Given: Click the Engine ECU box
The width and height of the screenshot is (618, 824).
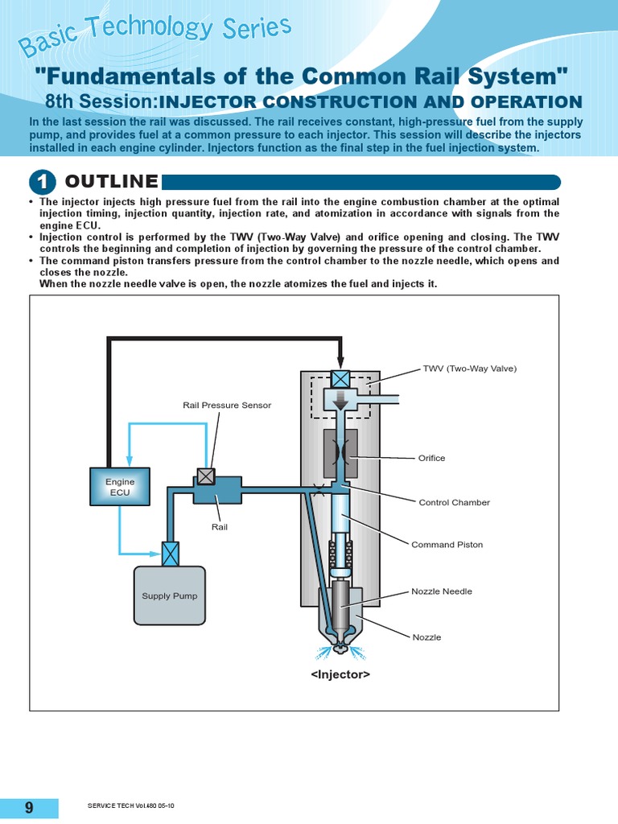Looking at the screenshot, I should [119, 487].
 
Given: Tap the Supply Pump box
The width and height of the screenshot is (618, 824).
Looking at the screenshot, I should [169, 595].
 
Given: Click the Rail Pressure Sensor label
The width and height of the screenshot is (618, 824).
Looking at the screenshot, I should [227, 405].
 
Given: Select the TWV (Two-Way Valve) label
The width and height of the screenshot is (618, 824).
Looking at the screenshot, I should [469, 369].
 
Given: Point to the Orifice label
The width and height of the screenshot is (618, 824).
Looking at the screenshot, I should [431, 458].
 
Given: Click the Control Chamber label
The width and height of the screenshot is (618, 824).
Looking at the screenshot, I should [454, 502].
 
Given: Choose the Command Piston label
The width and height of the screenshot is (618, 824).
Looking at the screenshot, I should [447, 545].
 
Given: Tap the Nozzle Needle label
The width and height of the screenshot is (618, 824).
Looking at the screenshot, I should [441, 591].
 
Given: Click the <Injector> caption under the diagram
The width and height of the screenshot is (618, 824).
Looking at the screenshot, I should [340, 674].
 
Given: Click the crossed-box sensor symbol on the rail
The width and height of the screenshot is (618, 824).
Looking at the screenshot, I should [206, 476].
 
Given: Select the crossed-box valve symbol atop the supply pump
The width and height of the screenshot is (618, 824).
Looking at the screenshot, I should [169, 554].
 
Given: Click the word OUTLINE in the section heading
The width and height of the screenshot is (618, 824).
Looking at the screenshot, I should [111, 182].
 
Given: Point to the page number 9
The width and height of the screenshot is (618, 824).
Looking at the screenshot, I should [29, 808].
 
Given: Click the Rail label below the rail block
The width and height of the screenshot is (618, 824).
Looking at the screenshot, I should [220, 527].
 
